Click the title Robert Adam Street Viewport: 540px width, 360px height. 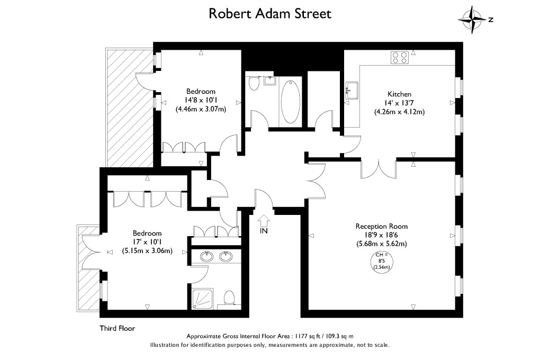point(269,13)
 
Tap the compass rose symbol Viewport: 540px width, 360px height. point(472,20)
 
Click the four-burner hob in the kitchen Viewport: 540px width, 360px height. point(400,57)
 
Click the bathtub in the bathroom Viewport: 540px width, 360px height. point(290,100)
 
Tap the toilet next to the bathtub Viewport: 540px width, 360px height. point(253,84)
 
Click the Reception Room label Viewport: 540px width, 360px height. point(381,226)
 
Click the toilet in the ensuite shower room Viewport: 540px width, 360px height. point(229,297)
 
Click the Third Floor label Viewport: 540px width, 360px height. point(118,328)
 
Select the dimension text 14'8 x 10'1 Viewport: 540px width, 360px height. point(201,100)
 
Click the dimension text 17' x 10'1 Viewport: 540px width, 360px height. point(147,242)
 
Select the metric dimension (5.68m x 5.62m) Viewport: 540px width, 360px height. point(381,244)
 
